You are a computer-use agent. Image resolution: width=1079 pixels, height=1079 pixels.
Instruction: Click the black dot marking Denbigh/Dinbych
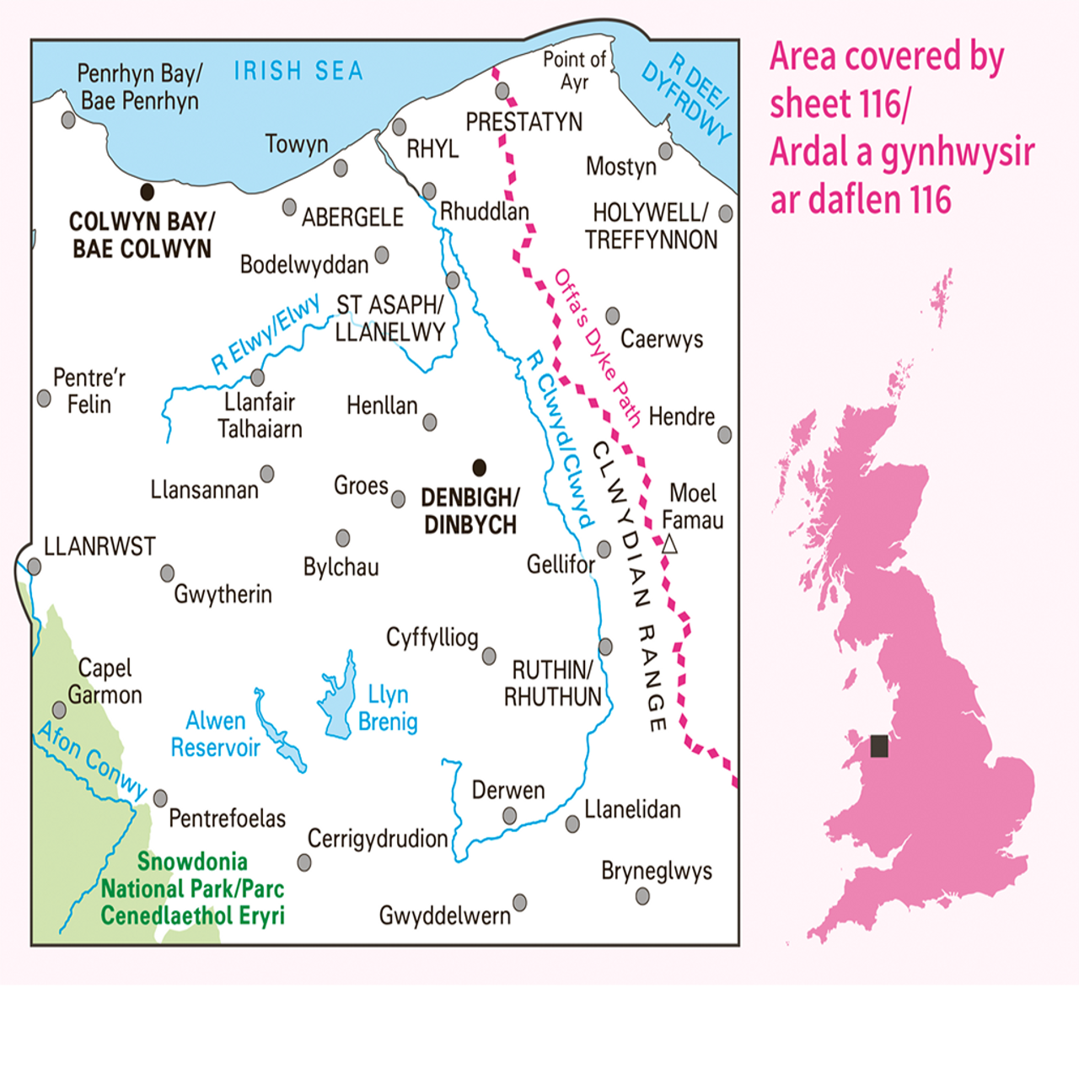click(479, 468)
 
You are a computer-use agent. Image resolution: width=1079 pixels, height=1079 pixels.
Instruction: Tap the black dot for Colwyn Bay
click(147, 192)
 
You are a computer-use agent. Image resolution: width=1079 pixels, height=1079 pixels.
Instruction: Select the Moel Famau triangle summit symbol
click(669, 545)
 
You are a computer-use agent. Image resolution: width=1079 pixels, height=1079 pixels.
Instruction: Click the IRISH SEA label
click(298, 72)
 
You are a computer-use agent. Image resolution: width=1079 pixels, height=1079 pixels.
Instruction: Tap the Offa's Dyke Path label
click(597, 347)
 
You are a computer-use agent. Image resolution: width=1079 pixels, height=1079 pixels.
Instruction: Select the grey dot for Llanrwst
click(34, 566)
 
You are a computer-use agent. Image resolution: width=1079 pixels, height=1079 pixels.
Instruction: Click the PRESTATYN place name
click(523, 122)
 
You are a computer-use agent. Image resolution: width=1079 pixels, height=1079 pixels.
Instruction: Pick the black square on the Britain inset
click(879, 746)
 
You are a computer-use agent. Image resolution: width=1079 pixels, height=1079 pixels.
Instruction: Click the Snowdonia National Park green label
click(192, 888)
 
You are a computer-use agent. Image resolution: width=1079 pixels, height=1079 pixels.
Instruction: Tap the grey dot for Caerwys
click(613, 316)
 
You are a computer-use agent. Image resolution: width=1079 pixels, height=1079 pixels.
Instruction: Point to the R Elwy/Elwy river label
click(265, 334)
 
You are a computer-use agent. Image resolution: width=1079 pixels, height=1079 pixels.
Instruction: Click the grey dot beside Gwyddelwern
click(520, 903)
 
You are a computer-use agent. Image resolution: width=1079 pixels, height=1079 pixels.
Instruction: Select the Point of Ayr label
click(574, 71)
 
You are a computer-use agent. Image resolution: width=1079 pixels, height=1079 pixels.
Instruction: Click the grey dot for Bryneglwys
click(642, 896)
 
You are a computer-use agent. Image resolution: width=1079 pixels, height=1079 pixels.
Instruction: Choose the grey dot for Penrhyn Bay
click(68, 120)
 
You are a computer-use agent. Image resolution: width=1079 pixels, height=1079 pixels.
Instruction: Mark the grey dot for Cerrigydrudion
click(304, 862)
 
